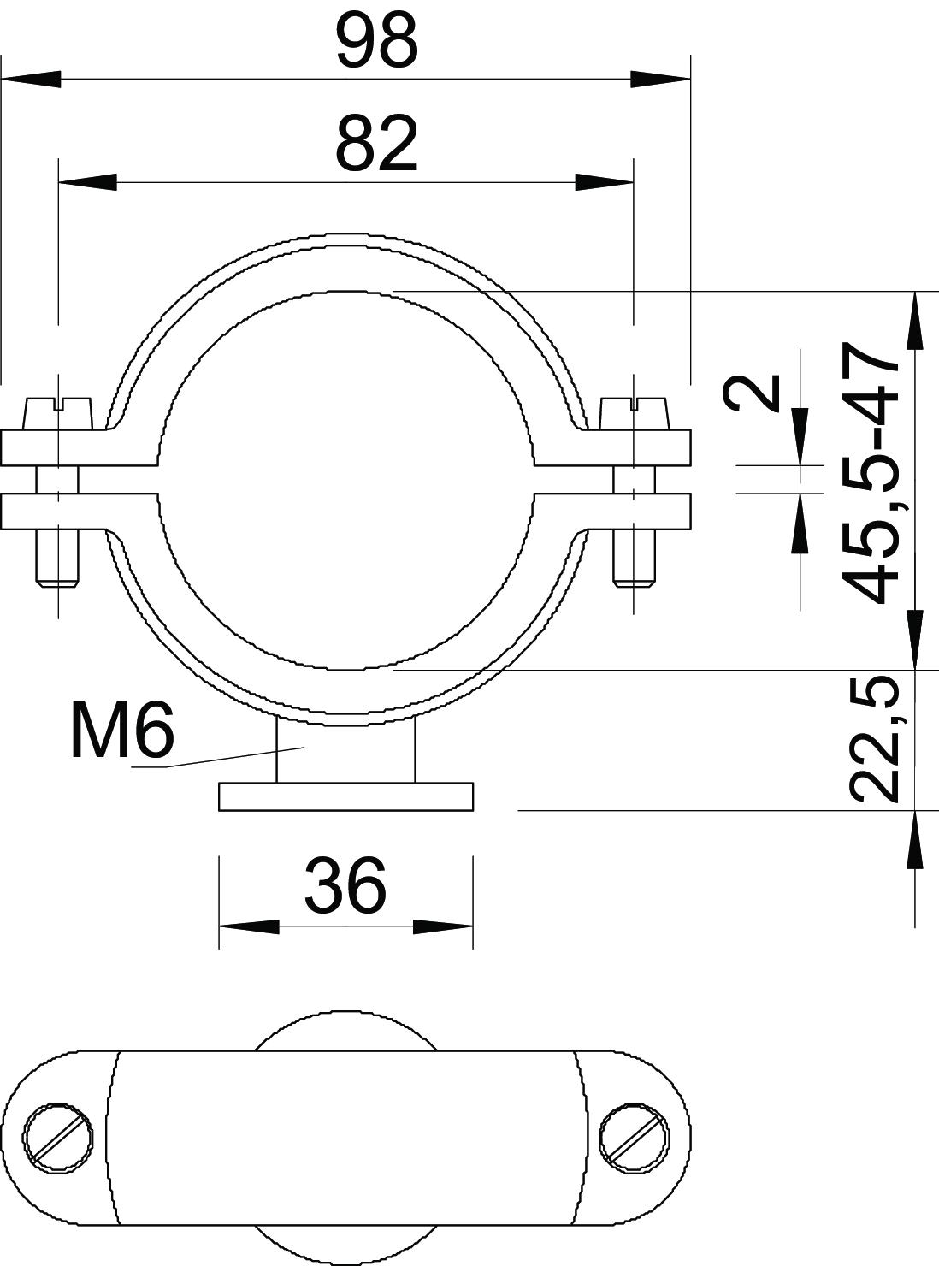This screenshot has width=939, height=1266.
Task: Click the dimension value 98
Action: [x=377, y=40]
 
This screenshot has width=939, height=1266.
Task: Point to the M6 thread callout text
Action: [x=121, y=731]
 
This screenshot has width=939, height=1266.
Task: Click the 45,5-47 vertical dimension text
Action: [x=870, y=472]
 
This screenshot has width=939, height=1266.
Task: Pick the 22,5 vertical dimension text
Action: [x=870, y=740]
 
